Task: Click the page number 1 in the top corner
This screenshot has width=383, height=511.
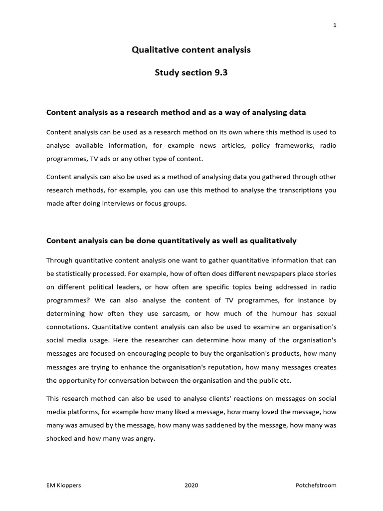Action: (335, 26)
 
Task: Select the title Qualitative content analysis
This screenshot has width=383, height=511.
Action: (191, 50)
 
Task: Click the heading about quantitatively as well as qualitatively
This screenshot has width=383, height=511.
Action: (171, 241)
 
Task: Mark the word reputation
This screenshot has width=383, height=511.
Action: (249, 367)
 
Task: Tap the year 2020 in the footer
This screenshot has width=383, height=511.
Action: (191, 485)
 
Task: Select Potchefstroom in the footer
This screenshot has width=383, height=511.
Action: (315, 485)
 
